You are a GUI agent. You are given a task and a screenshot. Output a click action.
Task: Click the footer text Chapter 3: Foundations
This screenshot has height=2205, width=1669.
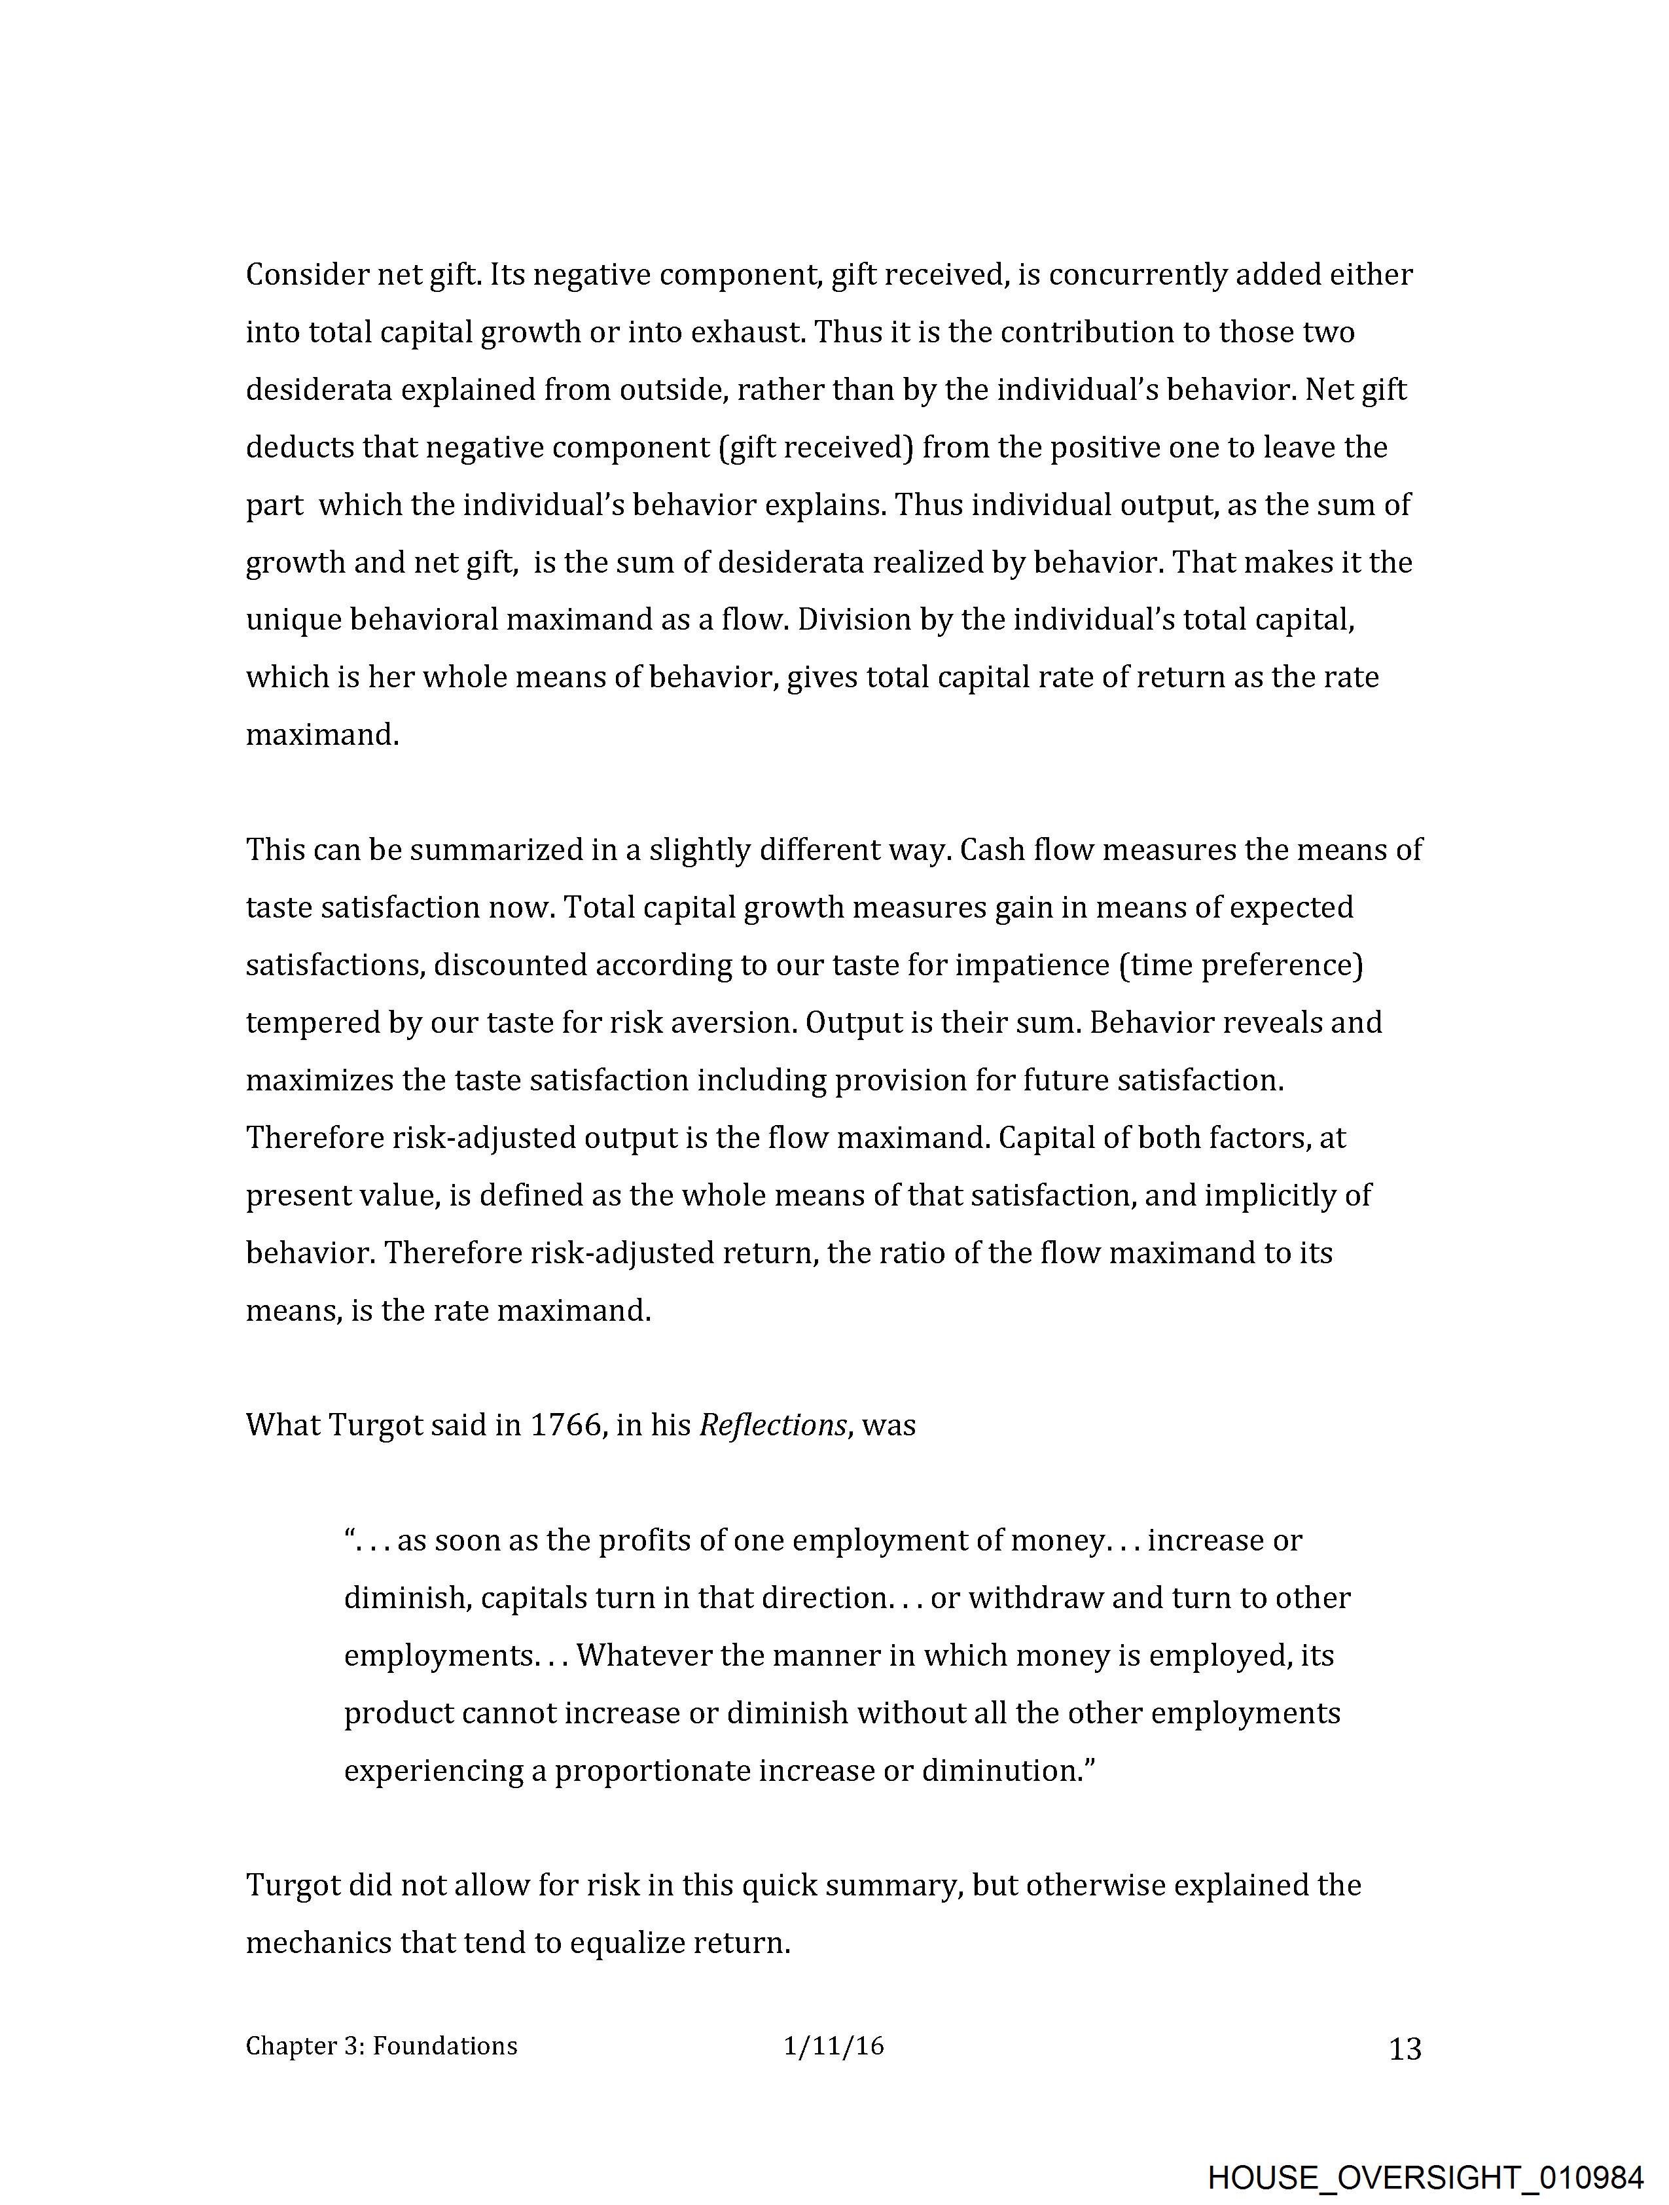(382, 2047)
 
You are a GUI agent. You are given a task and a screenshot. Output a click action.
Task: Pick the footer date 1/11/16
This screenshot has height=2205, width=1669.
(833, 2047)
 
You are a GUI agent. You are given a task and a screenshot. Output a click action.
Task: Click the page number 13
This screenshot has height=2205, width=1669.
(1405, 2049)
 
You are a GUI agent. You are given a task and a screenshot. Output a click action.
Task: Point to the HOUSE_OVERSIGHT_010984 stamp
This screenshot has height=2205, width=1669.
(1425, 2177)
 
